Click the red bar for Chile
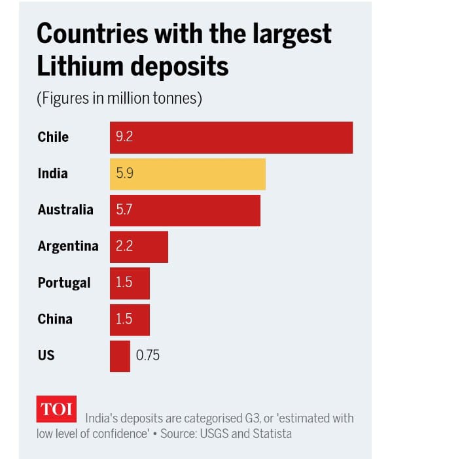click(231, 138)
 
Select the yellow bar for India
click(187, 174)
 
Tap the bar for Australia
click(185, 210)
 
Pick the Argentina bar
click(139, 246)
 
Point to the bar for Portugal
click(130, 283)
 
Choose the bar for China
click(130, 319)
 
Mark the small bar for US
click(120, 356)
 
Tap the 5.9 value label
click(124, 174)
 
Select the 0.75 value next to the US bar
click(148, 356)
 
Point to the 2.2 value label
click(124, 246)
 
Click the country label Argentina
click(68, 246)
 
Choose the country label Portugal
click(64, 283)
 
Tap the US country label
click(46, 356)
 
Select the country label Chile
click(53, 137)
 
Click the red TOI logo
click(57, 409)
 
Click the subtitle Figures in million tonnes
click(119, 99)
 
